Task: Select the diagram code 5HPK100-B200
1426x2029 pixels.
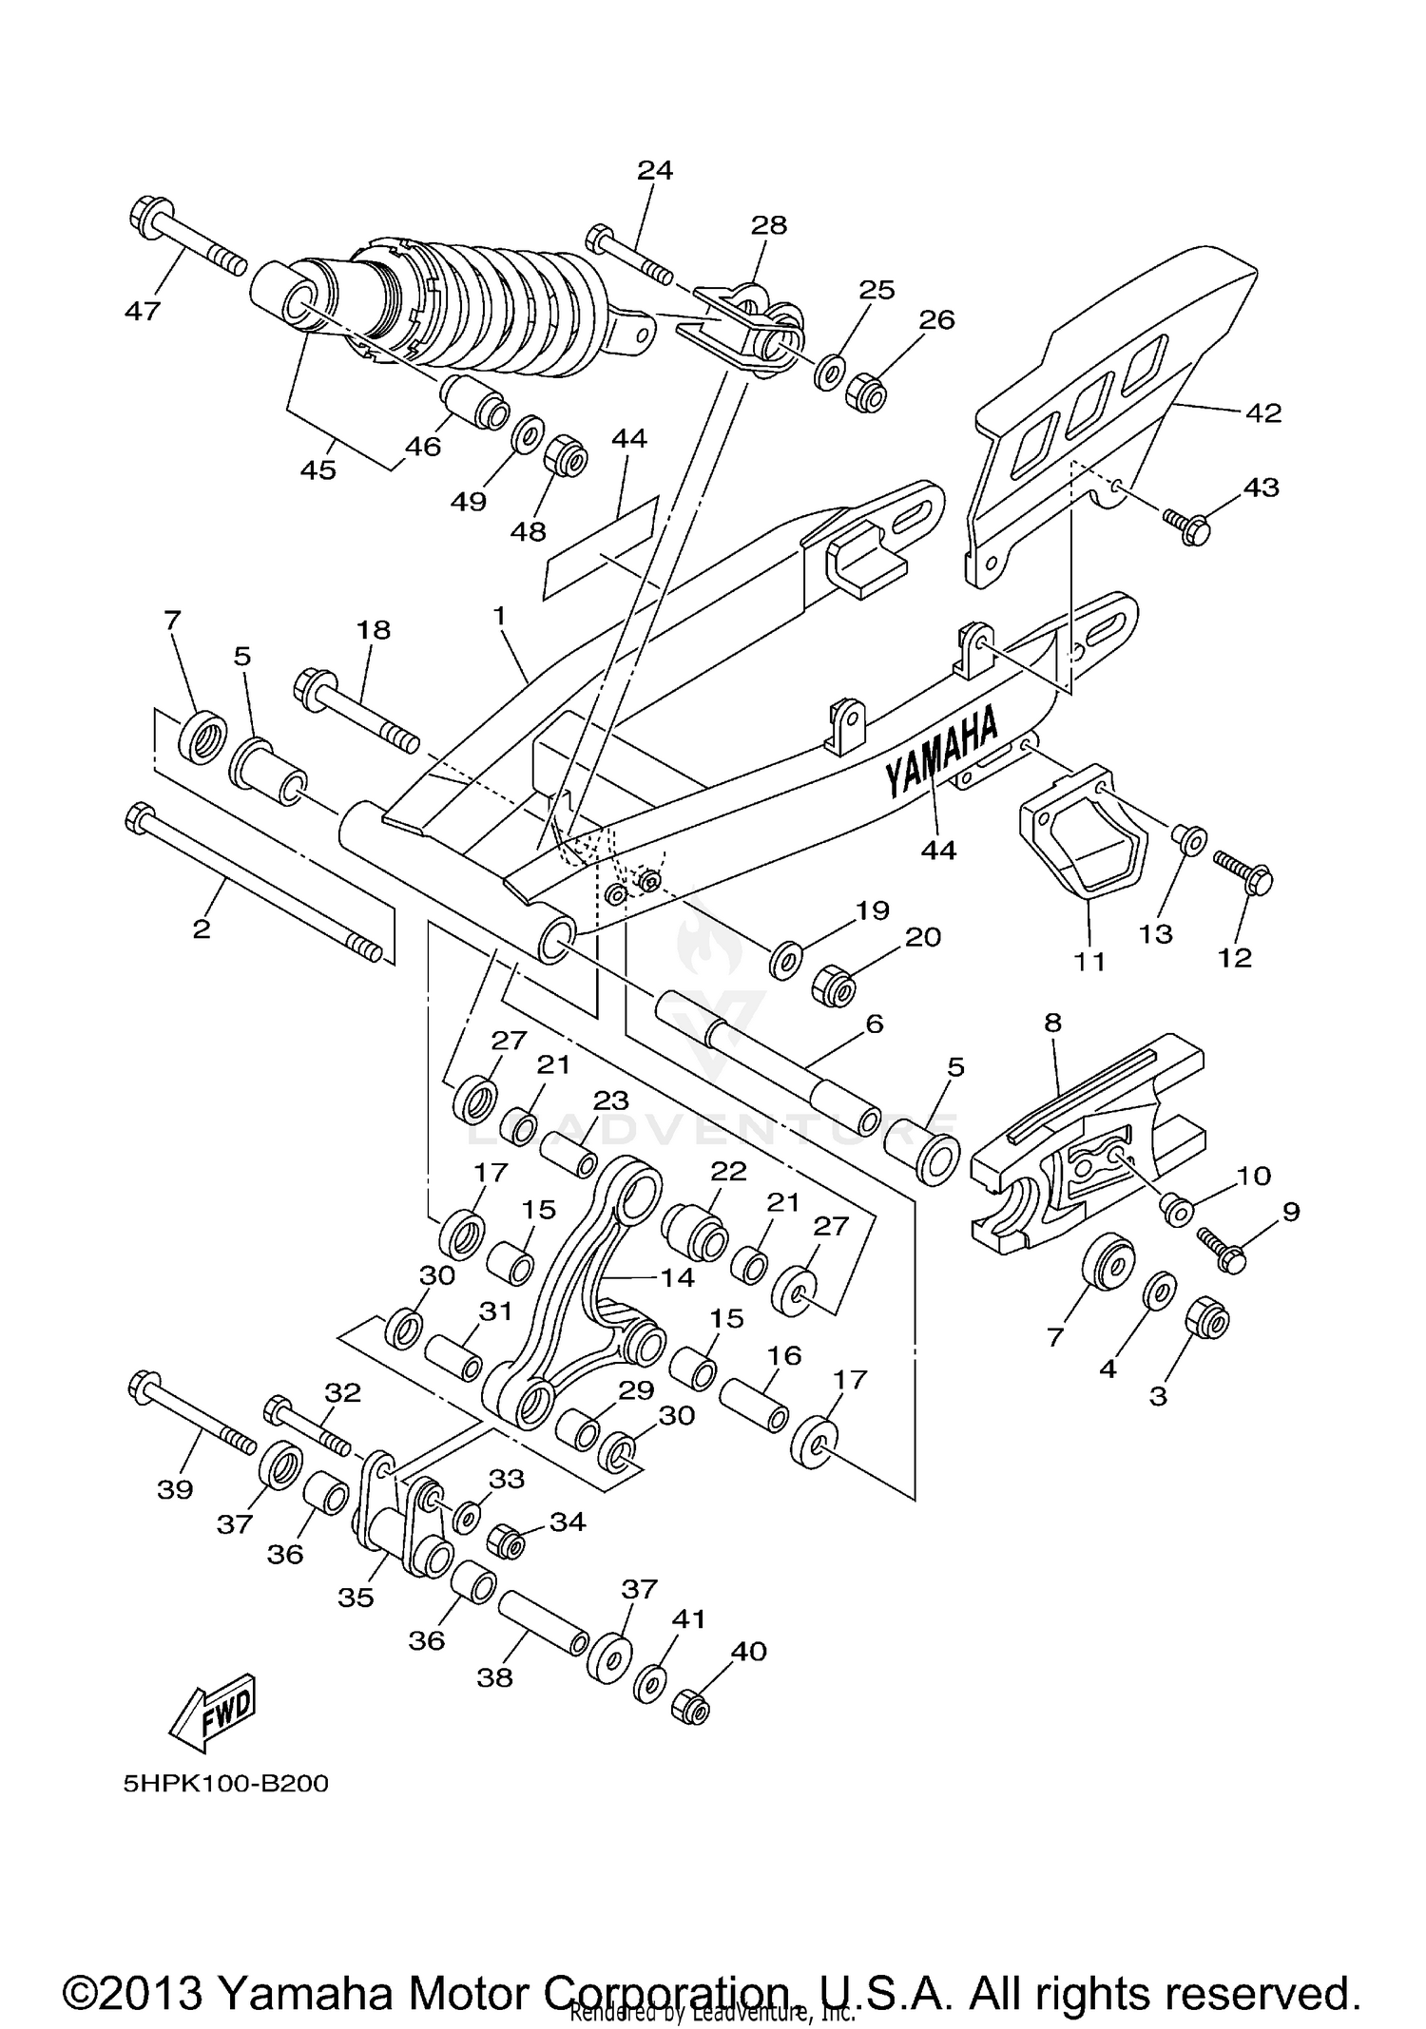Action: [x=226, y=1784]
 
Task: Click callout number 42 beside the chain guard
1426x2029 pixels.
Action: [x=1262, y=413]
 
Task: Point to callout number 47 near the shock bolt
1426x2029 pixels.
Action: [x=143, y=310]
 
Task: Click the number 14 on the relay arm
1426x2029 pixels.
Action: [x=678, y=1277]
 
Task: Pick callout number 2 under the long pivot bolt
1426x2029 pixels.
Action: [x=201, y=928]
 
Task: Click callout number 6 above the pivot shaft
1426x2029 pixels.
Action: [x=874, y=1024]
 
